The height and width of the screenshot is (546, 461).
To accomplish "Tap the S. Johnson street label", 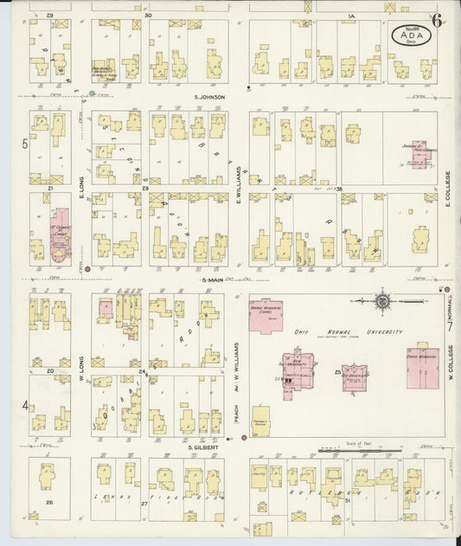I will pyautogui.click(x=208, y=97).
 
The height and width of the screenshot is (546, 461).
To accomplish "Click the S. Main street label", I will pyautogui.click(x=213, y=279).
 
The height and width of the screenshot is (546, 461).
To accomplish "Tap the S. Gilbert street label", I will pyautogui.click(x=202, y=446).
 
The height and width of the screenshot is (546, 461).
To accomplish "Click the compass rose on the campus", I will pyautogui.click(x=382, y=301).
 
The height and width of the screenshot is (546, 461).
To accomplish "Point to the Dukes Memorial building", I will pyautogui.click(x=422, y=368).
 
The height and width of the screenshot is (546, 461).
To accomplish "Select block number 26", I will pyautogui.click(x=49, y=502).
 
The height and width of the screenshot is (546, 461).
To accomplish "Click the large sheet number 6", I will pyautogui.click(x=438, y=21).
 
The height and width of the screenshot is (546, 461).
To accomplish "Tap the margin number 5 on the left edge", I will pyautogui.click(x=25, y=144).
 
